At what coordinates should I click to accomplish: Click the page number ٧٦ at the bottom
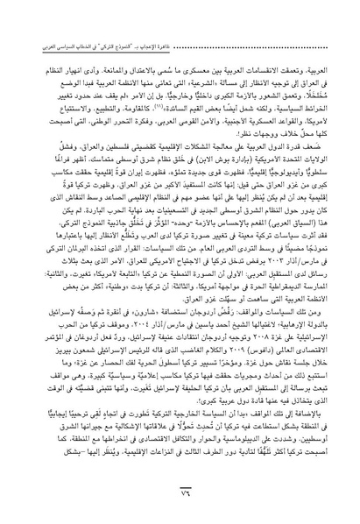click(180, 492)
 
